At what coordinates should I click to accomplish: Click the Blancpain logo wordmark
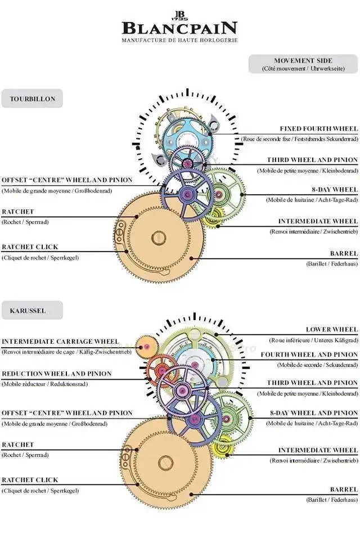click(x=179, y=28)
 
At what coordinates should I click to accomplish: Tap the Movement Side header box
click(x=303, y=64)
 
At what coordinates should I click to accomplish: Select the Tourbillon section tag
click(x=32, y=98)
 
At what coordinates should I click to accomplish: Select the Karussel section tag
click(x=32, y=311)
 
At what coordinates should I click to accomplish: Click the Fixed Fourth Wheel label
click(x=319, y=129)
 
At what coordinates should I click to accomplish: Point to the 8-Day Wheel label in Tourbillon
click(x=335, y=190)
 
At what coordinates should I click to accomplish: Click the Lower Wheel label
click(x=332, y=329)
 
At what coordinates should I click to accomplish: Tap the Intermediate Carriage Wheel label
click(x=60, y=342)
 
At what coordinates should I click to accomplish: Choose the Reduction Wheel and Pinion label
click(x=57, y=374)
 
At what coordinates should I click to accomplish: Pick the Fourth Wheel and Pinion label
click(x=309, y=354)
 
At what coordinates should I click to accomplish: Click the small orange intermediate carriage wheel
click(x=146, y=347)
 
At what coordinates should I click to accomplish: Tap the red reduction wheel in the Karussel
click(x=161, y=370)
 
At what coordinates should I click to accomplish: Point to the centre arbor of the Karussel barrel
click(x=166, y=463)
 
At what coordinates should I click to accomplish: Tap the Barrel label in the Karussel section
click(x=344, y=489)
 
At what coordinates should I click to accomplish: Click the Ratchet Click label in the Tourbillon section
click(x=30, y=247)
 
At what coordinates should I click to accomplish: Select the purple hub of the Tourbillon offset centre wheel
click(x=187, y=195)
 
